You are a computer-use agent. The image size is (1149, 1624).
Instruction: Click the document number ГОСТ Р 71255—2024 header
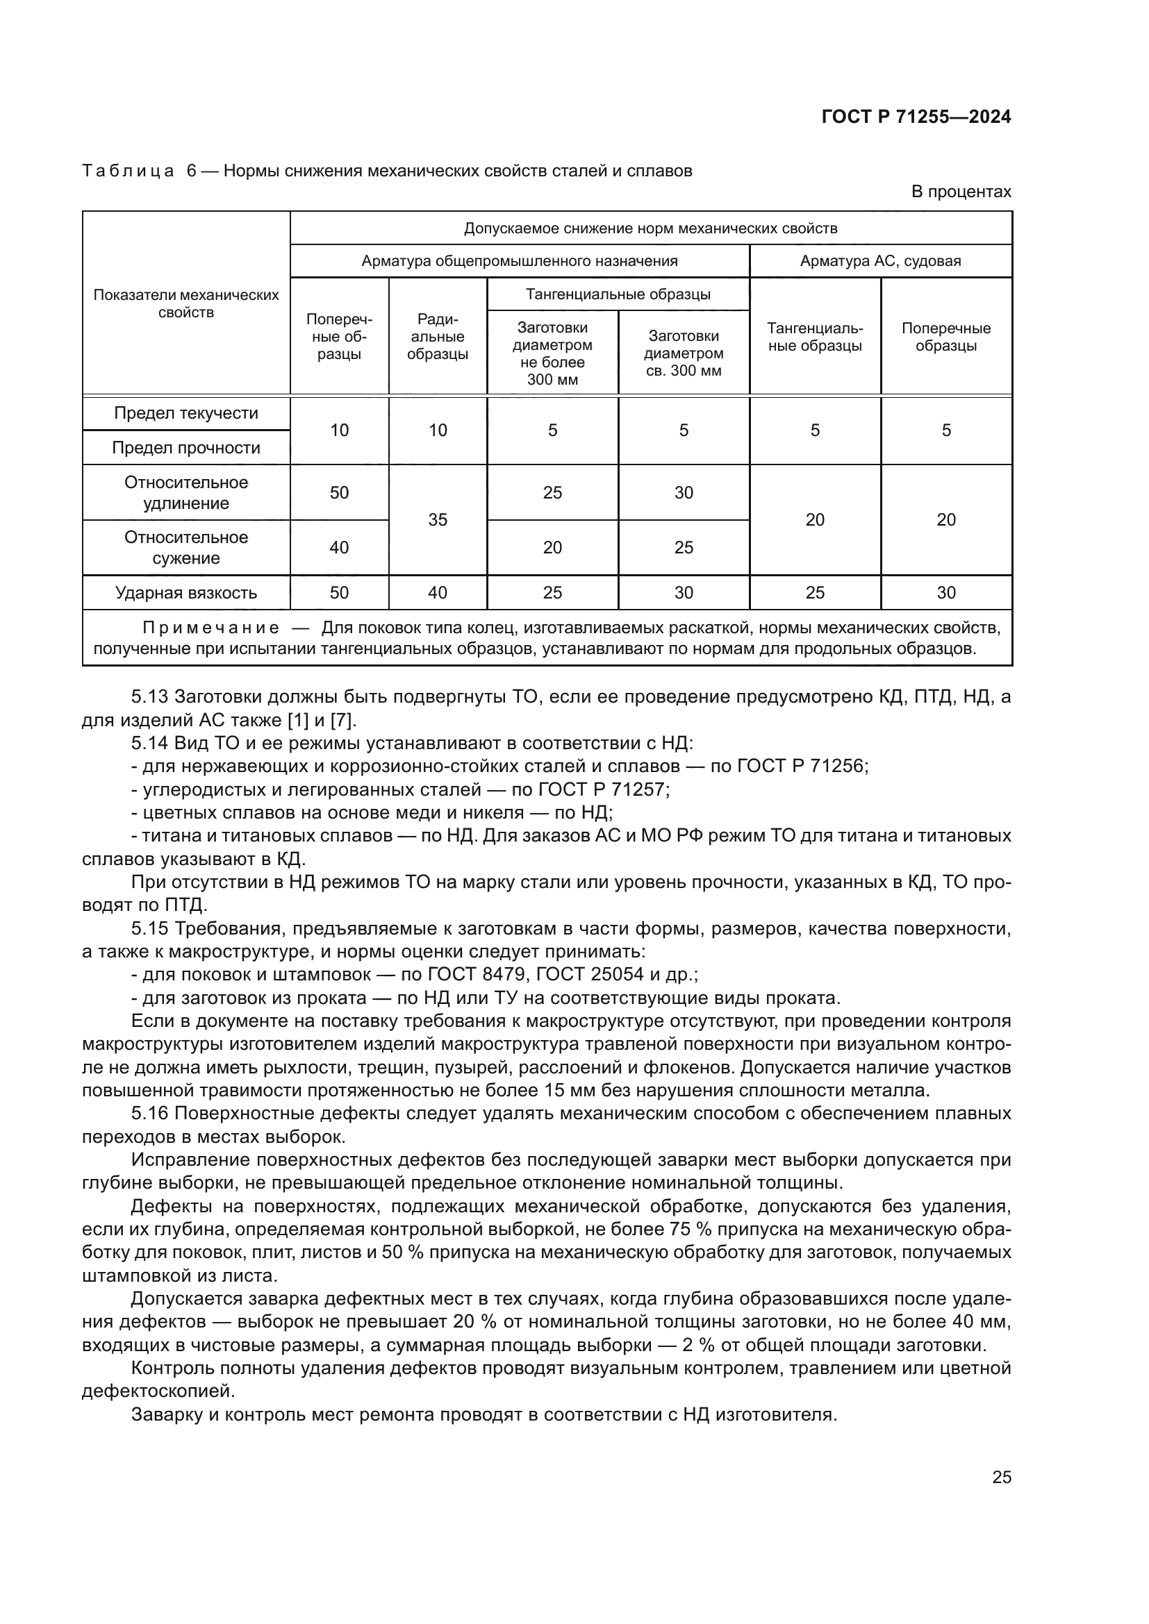(916, 117)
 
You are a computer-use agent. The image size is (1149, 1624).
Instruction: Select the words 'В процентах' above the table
(961, 192)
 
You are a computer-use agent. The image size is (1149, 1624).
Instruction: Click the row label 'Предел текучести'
(186, 413)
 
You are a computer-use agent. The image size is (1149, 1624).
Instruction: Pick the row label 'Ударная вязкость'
(186, 593)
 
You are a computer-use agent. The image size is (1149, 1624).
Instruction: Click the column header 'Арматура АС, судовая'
(880, 261)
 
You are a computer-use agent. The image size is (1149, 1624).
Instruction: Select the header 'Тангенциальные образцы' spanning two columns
(618, 294)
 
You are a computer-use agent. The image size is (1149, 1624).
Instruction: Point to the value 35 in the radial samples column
(437, 520)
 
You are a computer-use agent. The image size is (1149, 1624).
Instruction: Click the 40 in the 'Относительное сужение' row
(339, 547)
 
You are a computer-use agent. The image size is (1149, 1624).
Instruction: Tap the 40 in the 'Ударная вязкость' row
(437, 593)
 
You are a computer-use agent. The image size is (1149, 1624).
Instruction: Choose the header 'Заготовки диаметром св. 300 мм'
(684, 353)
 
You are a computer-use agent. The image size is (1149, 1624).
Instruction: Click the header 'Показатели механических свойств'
(186, 303)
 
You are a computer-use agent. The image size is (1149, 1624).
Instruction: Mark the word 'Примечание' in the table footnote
(211, 628)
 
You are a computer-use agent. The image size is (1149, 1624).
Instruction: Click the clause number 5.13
(149, 697)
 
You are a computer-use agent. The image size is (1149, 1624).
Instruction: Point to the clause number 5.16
(149, 1114)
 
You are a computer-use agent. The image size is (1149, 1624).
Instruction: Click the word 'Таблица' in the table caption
(128, 171)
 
